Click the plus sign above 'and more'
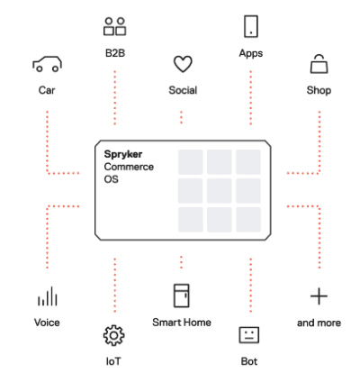(319, 296)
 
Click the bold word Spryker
(123, 154)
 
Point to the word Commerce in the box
(129, 167)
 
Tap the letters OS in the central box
(111, 179)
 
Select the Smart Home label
(182, 323)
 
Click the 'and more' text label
(319, 323)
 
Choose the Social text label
(183, 90)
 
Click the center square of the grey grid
(220, 191)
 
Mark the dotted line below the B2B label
(115, 97)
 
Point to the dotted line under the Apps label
(251, 97)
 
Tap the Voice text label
(47, 323)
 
